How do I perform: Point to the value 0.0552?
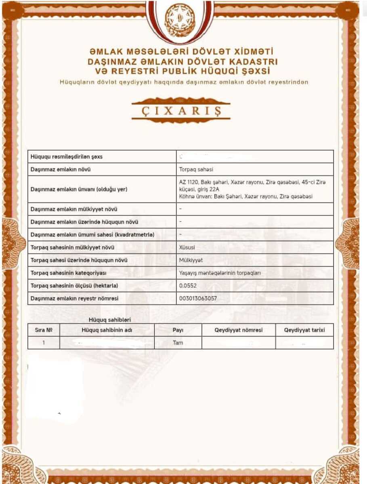coord(187,286)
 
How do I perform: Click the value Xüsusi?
coord(187,247)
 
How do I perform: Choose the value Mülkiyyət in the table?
coord(191,260)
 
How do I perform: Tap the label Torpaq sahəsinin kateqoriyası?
coord(68,273)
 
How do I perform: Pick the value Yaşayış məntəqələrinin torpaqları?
coord(220,273)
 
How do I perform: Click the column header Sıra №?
coord(44,330)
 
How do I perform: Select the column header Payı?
coord(178,330)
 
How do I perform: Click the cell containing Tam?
coord(178,343)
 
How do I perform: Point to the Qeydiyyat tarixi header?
coord(304,330)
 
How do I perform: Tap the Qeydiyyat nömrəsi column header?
coord(238,330)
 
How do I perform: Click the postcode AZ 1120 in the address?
coord(189,182)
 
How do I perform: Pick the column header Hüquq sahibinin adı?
coord(107,330)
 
